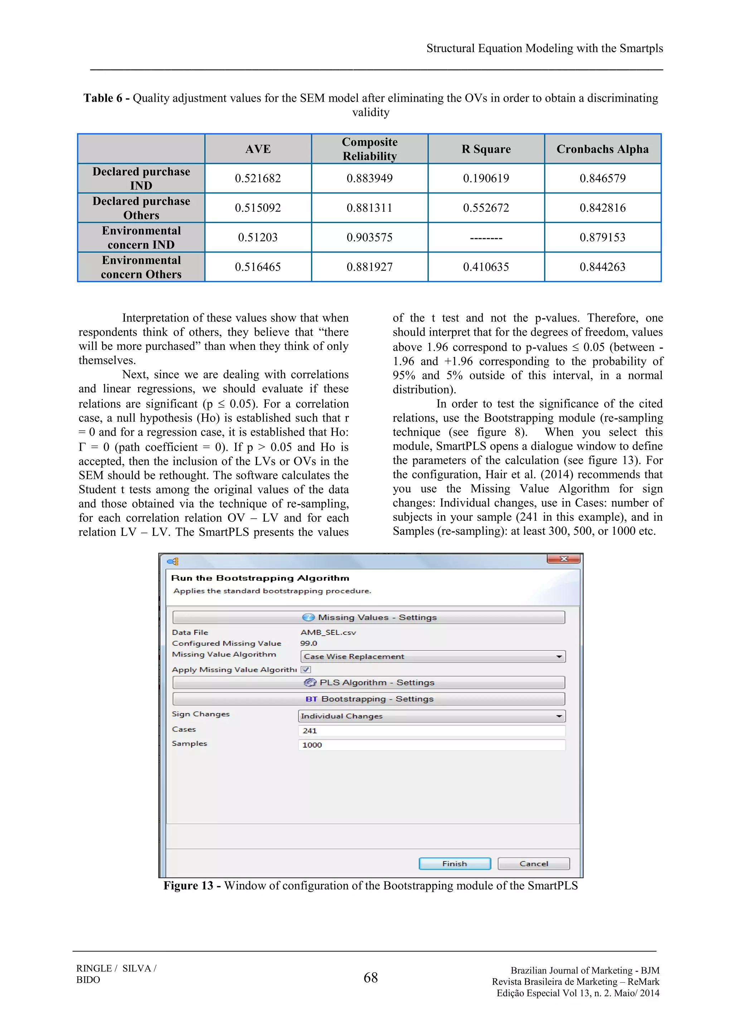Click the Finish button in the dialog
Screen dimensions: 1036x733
455,863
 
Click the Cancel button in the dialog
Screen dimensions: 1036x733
534,863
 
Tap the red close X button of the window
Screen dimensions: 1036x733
563,559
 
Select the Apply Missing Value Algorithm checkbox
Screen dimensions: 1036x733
306,670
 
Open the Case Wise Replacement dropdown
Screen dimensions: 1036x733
432,656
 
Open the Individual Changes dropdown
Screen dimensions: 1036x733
432,716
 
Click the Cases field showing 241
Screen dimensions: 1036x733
432,730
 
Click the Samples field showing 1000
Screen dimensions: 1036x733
432,745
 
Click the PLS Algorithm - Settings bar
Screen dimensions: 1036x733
369,683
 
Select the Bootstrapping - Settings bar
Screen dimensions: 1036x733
369,699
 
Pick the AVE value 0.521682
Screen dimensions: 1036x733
258,178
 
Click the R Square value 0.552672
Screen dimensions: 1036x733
486,208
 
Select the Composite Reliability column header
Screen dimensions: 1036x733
370,149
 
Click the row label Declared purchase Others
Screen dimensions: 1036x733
141,208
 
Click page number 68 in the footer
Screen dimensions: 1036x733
370,978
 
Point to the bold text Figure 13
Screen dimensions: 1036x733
188,886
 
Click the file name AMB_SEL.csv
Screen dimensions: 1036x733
328,632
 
